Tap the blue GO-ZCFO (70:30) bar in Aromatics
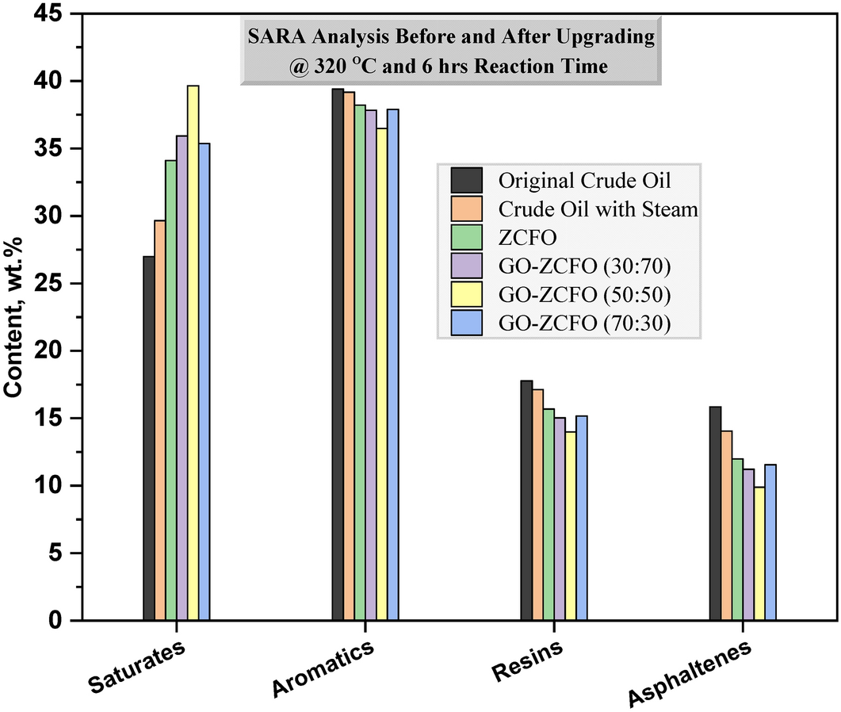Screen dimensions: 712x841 point(393,365)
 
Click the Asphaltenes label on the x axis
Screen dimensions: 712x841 point(690,674)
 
